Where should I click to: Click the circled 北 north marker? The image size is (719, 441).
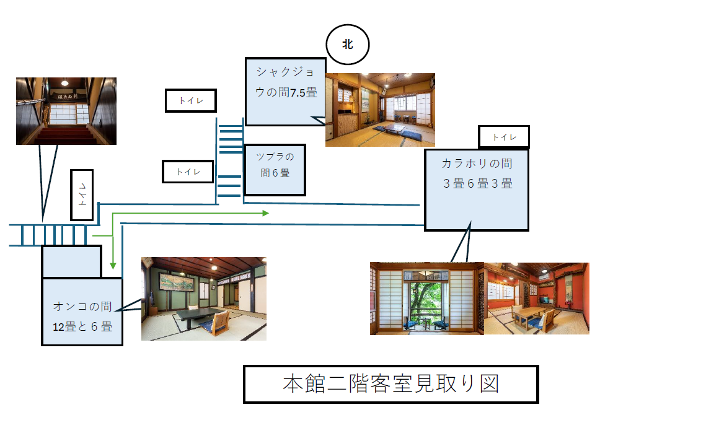tap(348, 45)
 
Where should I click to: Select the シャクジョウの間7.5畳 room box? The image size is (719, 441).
tap(285, 92)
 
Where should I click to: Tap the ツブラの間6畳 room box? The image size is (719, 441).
tap(275, 170)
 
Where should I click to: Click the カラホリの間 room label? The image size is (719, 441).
tap(477, 164)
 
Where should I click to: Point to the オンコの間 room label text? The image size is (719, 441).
tap(82, 306)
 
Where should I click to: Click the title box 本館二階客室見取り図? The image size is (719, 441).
tap(390, 384)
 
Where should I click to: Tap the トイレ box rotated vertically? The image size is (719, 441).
tap(82, 195)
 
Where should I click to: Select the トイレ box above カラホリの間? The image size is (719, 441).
tap(504, 137)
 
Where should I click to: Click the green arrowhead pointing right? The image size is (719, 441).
tap(265, 213)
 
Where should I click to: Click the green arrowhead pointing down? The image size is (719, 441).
tap(113, 266)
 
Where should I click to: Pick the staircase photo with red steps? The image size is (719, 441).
tap(66, 111)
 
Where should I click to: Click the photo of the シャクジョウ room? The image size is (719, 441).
tap(380, 110)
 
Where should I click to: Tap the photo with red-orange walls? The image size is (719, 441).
tap(537, 299)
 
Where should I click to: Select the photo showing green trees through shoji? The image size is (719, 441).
tap(427, 299)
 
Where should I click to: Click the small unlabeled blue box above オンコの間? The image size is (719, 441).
tap(71, 262)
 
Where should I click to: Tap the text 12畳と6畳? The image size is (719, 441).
tap(82, 326)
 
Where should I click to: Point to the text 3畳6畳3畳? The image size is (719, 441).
tap(477, 184)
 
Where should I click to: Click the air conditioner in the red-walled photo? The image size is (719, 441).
tap(545, 277)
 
